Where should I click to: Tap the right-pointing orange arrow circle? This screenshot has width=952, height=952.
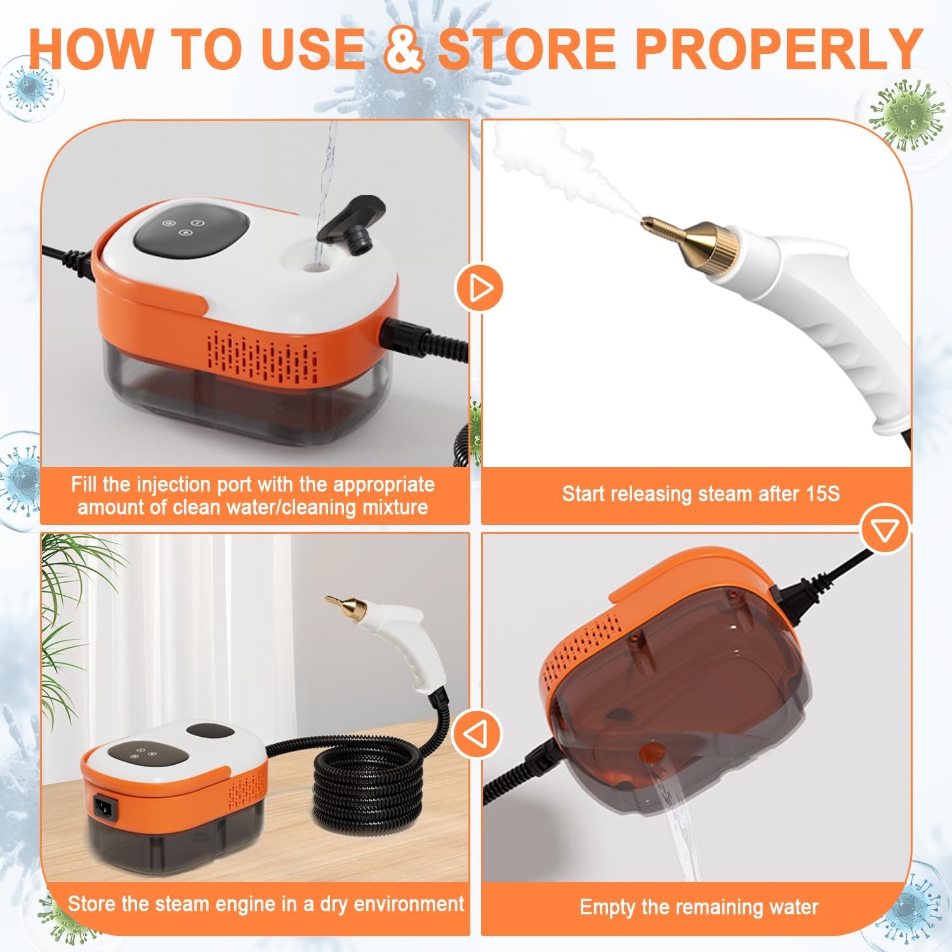(x=479, y=289)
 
